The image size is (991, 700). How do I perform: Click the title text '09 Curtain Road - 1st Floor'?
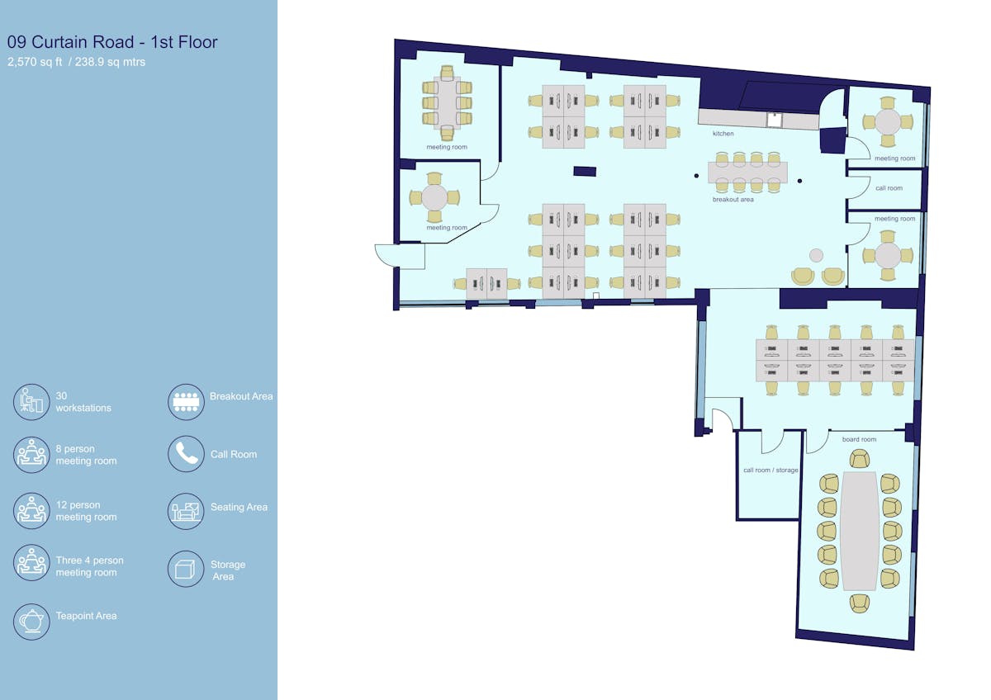click(x=112, y=42)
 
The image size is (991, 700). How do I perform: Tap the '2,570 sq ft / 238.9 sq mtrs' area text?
click(x=76, y=62)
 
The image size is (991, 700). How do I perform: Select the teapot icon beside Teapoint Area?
click(x=31, y=622)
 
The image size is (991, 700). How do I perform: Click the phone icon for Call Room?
click(x=187, y=454)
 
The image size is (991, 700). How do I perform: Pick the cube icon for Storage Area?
click(x=187, y=569)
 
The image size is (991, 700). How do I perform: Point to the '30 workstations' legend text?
click(x=83, y=402)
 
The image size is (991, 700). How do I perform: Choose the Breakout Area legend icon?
click(x=187, y=401)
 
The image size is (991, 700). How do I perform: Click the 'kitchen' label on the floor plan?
click(x=723, y=134)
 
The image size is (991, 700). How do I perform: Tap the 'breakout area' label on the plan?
click(x=733, y=200)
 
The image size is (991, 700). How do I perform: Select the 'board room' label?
click(x=859, y=439)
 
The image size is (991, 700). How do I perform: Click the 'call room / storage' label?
click(x=771, y=470)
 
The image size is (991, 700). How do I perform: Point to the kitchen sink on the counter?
click(x=775, y=120)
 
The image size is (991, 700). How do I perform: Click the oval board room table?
click(x=859, y=531)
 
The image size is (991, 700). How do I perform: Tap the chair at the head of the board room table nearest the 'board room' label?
click(x=859, y=459)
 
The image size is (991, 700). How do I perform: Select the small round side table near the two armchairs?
click(x=816, y=255)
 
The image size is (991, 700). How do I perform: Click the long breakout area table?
click(x=747, y=173)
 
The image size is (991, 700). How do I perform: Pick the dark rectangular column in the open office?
click(x=585, y=171)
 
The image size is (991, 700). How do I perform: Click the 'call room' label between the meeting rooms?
click(x=889, y=188)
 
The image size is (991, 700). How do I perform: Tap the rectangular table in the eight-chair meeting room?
click(x=447, y=103)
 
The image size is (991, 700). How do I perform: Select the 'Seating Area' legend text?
click(x=239, y=507)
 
